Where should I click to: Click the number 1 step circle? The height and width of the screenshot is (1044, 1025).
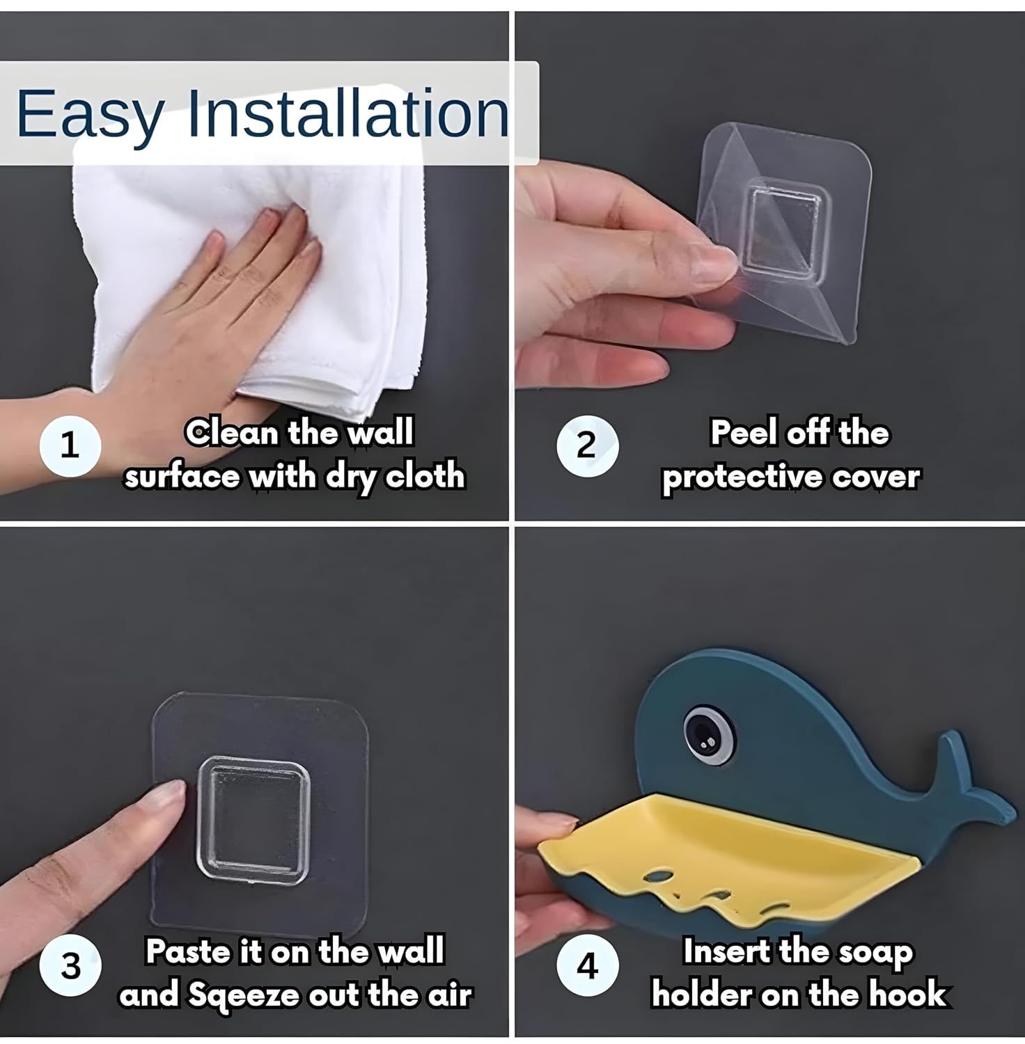(70, 445)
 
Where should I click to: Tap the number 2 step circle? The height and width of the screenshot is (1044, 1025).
(587, 445)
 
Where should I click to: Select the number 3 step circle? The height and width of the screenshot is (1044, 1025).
(70, 966)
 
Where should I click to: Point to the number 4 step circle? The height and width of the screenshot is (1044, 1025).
(587, 966)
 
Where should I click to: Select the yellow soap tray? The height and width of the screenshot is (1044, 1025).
(724, 856)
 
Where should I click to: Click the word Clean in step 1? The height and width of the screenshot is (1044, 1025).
(233, 433)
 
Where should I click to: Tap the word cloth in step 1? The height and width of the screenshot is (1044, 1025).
(425, 476)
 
